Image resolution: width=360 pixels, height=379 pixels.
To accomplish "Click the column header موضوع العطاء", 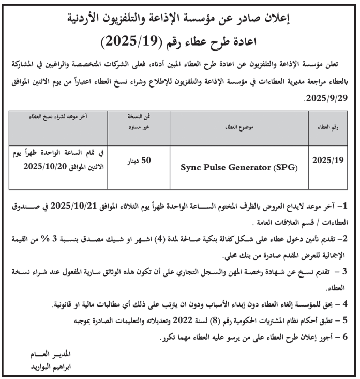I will (234, 126).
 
